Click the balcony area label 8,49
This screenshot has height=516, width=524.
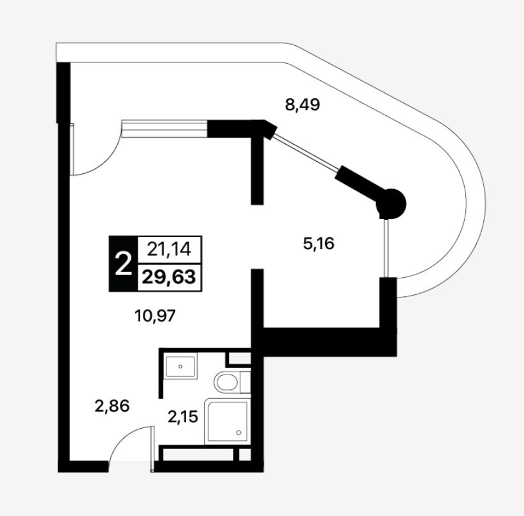click(x=302, y=105)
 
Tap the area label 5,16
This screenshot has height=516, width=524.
click(x=319, y=244)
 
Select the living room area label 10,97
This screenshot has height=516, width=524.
click(x=155, y=315)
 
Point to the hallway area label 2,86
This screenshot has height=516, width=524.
click(x=112, y=406)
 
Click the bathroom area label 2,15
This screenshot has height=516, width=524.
click(x=183, y=417)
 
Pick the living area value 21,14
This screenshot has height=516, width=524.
click(x=169, y=249)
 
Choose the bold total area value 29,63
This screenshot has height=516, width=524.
click(x=169, y=277)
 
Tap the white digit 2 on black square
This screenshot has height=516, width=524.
click(x=122, y=264)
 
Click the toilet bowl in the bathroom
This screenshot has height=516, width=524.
click(x=227, y=382)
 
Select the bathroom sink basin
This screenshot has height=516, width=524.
click(x=180, y=366)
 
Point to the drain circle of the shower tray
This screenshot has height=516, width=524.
click(x=238, y=433)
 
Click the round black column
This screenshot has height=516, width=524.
click(x=391, y=203)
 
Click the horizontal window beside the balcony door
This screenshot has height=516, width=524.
click(x=164, y=129)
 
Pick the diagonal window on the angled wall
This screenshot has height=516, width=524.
click(x=305, y=152)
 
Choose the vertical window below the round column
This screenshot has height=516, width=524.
click(x=386, y=248)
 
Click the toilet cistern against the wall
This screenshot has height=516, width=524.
click(x=245, y=382)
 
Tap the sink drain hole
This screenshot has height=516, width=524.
click(x=180, y=366)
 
